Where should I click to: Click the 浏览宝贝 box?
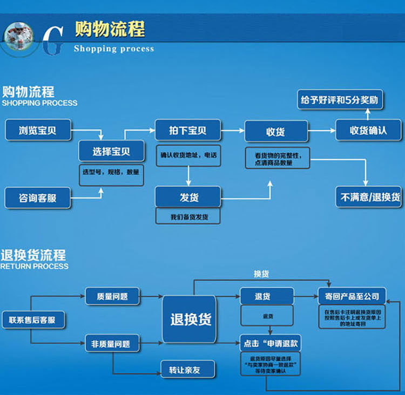pyautogui.click(x=38, y=130)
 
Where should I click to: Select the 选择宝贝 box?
pyautogui.click(x=111, y=152)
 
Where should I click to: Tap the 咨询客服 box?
pyautogui.click(x=38, y=198)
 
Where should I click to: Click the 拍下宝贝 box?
pyautogui.click(x=187, y=131)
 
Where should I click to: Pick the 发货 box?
pyautogui.click(x=187, y=197)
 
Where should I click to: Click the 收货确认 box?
pyautogui.click(x=368, y=131)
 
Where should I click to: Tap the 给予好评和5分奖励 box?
pyautogui.click(x=340, y=100)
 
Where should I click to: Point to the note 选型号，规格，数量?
pyautogui.click(x=111, y=173)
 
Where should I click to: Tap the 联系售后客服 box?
pyautogui.click(x=32, y=320)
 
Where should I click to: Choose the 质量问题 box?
pyautogui.click(x=113, y=296)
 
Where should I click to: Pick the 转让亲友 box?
pyautogui.click(x=188, y=370)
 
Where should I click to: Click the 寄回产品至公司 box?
pyautogui.click(x=352, y=296)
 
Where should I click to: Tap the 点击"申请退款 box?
pyautogui.click(x=271, y=343)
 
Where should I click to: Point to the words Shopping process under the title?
pyautogui.click(x=113, y=49)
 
